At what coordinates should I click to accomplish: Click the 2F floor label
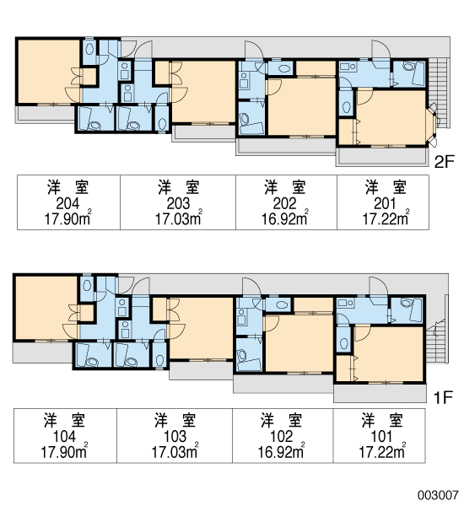tap(445, 161)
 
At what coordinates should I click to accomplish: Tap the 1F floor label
tap(443, 397)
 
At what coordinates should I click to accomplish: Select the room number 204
tap(67, 203)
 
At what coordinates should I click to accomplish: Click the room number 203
tap(178, 203)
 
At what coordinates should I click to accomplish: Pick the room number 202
tap(284, 203)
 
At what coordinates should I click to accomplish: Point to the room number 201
tap(385, 203)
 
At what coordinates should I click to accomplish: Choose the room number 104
tap(65, 436)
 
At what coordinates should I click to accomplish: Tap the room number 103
tap(175, 436)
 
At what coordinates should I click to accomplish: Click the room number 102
tap(281, 436)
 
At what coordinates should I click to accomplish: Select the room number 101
tap(381, 436)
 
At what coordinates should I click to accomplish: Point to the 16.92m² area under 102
tap(281, 451)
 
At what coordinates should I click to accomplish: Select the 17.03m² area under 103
tap(175, 451)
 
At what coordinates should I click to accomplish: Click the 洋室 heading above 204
tap(67, 187)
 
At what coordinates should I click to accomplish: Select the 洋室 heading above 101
tap(382, 421)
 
